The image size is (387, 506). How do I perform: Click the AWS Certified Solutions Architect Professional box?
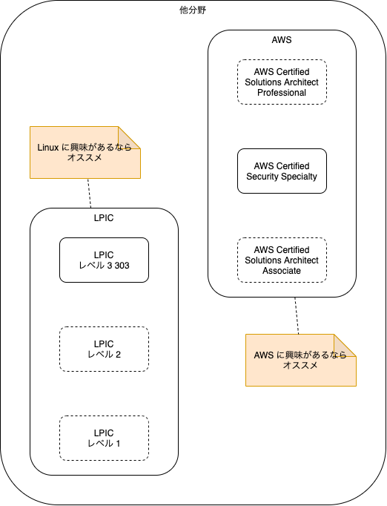tap(282, 82)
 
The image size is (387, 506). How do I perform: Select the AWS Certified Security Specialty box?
tap(282, 171)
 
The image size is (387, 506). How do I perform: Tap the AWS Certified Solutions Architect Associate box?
tap(282, 260)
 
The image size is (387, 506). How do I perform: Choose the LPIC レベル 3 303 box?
tap(104, 260)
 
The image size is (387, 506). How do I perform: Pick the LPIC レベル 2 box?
tap(104, 349)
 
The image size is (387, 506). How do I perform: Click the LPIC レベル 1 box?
tap(104, 438)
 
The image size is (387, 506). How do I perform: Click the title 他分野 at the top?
tap(193, 10)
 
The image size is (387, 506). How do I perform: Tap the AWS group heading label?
tap(282, 39)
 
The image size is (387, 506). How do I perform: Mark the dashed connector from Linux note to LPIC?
tap(90, 193)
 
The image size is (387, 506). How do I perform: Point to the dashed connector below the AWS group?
tap(297, 315)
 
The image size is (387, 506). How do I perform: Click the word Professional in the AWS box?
tap(282, 93)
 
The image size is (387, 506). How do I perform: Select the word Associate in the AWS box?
tap(282, 271)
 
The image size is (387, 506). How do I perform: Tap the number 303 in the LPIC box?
tap(122, 266)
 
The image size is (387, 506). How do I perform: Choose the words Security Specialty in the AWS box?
tap(282, 177)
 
